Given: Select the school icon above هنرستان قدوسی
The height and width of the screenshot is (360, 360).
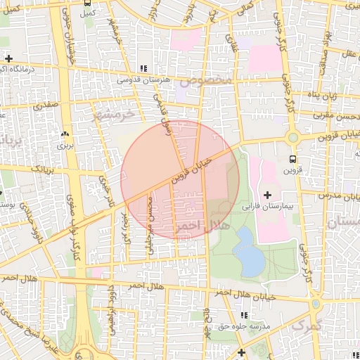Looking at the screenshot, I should (144, 69).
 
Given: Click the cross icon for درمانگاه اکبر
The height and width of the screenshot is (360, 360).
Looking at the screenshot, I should (8, 58).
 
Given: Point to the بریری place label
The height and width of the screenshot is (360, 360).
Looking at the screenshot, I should (65, 146).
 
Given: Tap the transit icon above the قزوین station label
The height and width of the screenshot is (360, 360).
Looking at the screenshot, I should (292, 159).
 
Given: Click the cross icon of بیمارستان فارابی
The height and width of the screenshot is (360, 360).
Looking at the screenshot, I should (267, 194).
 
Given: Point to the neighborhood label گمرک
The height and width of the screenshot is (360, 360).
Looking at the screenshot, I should (307, 326).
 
